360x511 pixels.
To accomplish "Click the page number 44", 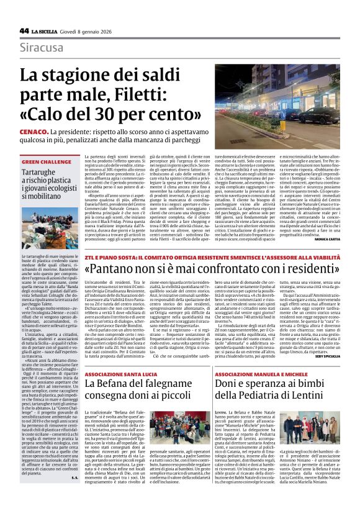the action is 24,30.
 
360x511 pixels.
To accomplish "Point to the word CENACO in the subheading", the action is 32,133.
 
